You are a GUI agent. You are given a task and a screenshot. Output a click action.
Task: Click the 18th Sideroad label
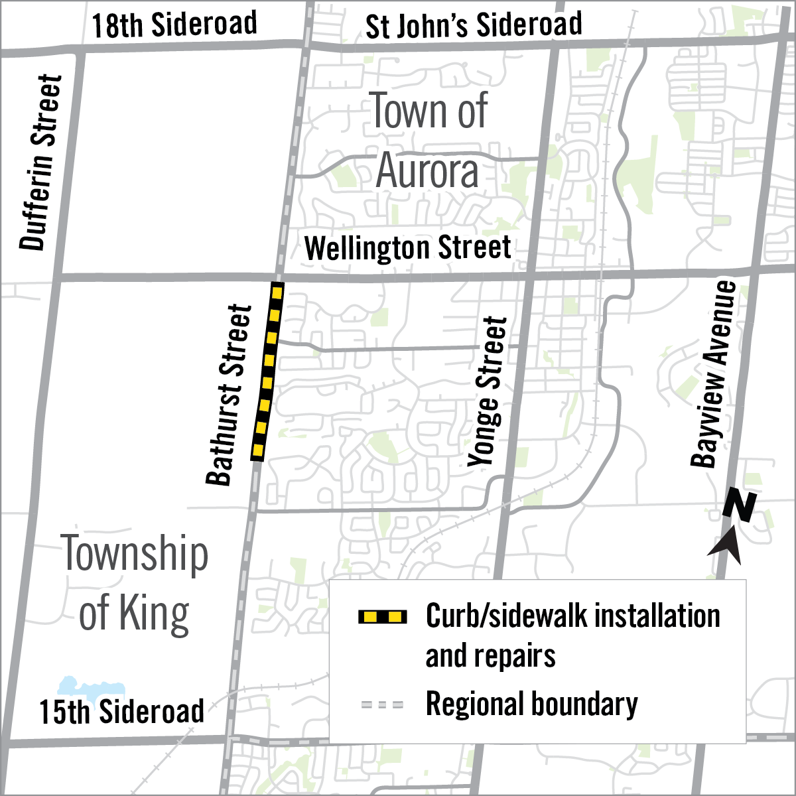click(x=174, y=25)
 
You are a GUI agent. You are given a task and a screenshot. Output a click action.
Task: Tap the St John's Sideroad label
click(x=474, y=26)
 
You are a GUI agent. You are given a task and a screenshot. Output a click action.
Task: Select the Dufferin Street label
click(x=41, y=163)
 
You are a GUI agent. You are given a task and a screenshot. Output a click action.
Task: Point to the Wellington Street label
click(x=407, y=249)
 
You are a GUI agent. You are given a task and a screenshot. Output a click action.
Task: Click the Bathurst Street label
click(x=229, y=395)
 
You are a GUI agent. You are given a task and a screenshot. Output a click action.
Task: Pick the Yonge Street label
click(x=488, y=391)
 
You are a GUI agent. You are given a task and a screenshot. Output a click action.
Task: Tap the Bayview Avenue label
click(x=714, y=375)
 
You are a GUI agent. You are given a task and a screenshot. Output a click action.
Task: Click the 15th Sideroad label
click(x=121, y=712)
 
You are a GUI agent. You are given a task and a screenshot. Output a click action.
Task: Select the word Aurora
click(x=427, y=171)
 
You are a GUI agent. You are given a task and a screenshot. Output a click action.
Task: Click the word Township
click(x=135, y=555)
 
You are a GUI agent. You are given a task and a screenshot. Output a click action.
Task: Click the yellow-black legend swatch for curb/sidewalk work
click(x=382, y=617)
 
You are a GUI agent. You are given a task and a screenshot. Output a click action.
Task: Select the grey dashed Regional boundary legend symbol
click(x=382, y=704)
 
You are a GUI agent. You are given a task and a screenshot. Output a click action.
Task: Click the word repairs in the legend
click(x=490, y=656)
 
